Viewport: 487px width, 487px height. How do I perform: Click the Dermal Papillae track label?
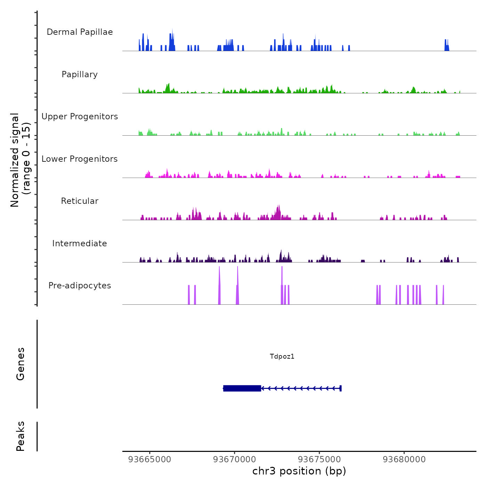tap(80, 32)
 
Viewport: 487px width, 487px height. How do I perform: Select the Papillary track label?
tap(80, 74)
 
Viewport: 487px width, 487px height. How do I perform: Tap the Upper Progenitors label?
tap(80, 117)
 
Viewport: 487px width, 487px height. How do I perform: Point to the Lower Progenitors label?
tap(80, 159)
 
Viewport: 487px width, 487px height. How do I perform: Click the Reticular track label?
tap(80, 201)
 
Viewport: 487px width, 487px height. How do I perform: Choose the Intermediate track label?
tap(80, 243)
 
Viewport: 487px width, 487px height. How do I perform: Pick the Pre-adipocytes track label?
tap(80, 286)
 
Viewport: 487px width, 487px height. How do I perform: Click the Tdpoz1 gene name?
tap(282, 356)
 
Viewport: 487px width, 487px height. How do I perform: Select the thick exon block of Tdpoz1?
tap(242, 388)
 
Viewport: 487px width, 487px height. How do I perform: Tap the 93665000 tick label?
tap(150, 460)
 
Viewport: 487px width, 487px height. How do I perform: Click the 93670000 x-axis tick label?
tap(234, 460)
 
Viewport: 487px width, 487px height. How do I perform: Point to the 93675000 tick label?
tap(319, 460)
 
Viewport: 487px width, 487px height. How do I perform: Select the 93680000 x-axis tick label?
tap(404, 460)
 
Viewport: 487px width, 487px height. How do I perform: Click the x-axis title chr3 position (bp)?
tap(299, 471)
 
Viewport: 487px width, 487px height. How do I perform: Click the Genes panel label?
tap(21, 364)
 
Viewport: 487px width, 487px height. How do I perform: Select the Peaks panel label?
tap(21, 436)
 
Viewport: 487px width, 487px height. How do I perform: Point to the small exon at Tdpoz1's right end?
tap(341, 388)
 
